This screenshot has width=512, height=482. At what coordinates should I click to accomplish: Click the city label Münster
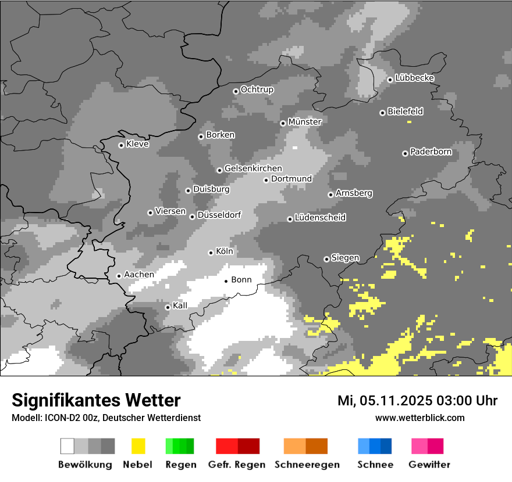tap(305, 122)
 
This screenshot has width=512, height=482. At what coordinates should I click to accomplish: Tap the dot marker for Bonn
tap(226, 281)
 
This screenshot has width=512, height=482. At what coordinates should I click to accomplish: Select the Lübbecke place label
tap(415, 78)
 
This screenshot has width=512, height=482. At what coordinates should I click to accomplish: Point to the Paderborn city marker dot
tap(405, 153)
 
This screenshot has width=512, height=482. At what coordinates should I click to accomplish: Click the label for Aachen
tap(139, 275)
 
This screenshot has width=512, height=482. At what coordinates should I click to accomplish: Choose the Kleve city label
tap(138, 144)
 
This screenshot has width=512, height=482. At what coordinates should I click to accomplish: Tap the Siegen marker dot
tap(326, 259)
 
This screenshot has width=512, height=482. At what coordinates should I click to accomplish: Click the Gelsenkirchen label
tap(253, 168)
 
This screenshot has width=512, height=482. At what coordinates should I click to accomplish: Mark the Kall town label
tap(180, 305)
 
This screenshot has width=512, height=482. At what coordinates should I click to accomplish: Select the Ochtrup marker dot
tap(236, 91)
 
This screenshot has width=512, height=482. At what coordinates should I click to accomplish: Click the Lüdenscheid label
tap(320, 218)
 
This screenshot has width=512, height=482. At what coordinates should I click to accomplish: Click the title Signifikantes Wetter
tap(96, 400)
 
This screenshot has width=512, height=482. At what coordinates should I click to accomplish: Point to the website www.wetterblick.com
tap(419, 418)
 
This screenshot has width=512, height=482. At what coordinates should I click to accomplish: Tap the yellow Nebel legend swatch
tap(138, 446)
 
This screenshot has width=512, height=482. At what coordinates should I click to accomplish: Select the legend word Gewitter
tap(429, 465)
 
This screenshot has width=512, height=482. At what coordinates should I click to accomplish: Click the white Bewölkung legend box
tap(67, 446)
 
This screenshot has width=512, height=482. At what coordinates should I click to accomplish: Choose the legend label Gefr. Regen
tap(236, 465)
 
